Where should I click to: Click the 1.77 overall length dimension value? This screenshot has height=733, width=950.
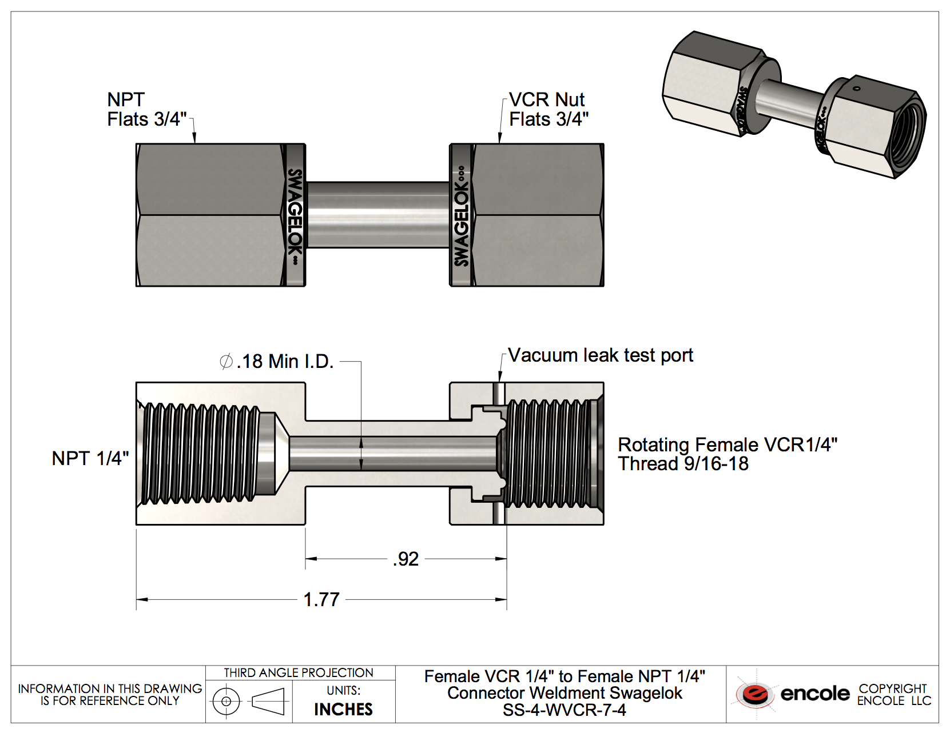point(321,599)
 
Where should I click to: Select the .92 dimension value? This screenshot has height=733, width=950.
point(406,559)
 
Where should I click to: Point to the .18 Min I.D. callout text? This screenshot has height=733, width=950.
point(284,362)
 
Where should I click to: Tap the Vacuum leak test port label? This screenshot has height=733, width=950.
point(600,355)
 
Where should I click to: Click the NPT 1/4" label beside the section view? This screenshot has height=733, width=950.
point(90,458)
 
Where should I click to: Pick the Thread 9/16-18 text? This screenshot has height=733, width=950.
point(683,464)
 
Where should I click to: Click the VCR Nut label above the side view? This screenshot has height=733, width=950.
point(547,100)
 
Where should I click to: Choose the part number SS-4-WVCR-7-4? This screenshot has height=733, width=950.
point(564,710)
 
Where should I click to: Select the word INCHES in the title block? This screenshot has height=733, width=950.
point(343,709)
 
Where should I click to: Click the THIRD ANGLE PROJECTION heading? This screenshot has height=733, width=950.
point(299,673)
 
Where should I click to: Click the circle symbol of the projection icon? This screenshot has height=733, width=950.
point(226,701)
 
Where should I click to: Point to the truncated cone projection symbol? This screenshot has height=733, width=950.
point(268,701)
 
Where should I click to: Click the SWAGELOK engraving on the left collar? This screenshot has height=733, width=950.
point(295,215)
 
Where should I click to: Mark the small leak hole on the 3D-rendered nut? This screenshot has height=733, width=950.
point(856,89)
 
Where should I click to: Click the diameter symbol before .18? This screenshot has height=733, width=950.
point(226,362)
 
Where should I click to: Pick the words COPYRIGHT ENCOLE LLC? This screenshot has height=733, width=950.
point(893,694)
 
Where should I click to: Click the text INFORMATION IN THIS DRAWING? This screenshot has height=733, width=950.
point(110,688)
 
